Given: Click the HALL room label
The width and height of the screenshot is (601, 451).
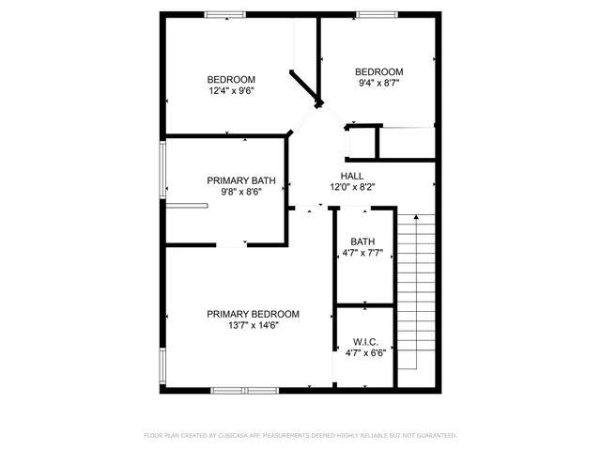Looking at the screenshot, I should pyautogui.click(x=351, y=176).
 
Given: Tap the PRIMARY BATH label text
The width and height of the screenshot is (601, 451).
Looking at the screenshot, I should pyautogui.click(x=234, y=179).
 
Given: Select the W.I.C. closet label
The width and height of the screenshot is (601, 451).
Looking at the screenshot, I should pyautogui.click(x=365, y=341).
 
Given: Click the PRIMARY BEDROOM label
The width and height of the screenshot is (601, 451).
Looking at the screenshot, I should pyautogui.click(x=253, y=314).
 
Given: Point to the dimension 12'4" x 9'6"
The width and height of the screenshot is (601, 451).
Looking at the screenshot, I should pyautogui.click(x=231, y=91).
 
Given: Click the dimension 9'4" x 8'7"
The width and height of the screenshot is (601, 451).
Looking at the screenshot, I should pyautogui.click(x=378, y=84).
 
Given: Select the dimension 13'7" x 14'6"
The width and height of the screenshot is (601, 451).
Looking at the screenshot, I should pyautogui.click(x=253, y=326).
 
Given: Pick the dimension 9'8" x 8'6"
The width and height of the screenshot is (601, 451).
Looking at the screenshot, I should pyautogui.click(x=234, y=192).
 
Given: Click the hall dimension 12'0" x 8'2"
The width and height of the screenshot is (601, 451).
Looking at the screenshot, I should pyautogui.click(x=351, y=188).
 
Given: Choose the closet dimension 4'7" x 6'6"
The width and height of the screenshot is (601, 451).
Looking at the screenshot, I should pyautogui.click(x=365, y=353).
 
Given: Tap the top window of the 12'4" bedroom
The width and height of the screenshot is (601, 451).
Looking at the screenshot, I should pyautogui.click(x=225, y=14).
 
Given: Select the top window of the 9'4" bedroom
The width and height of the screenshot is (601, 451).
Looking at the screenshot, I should pyautogui.click(x=376, y=14).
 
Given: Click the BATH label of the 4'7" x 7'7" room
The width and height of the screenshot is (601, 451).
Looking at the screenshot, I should pyautogui.click(x=362, y=241).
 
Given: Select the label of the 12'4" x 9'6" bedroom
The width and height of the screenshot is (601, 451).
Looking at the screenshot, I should pyautogui.click(x=231, y=79).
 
